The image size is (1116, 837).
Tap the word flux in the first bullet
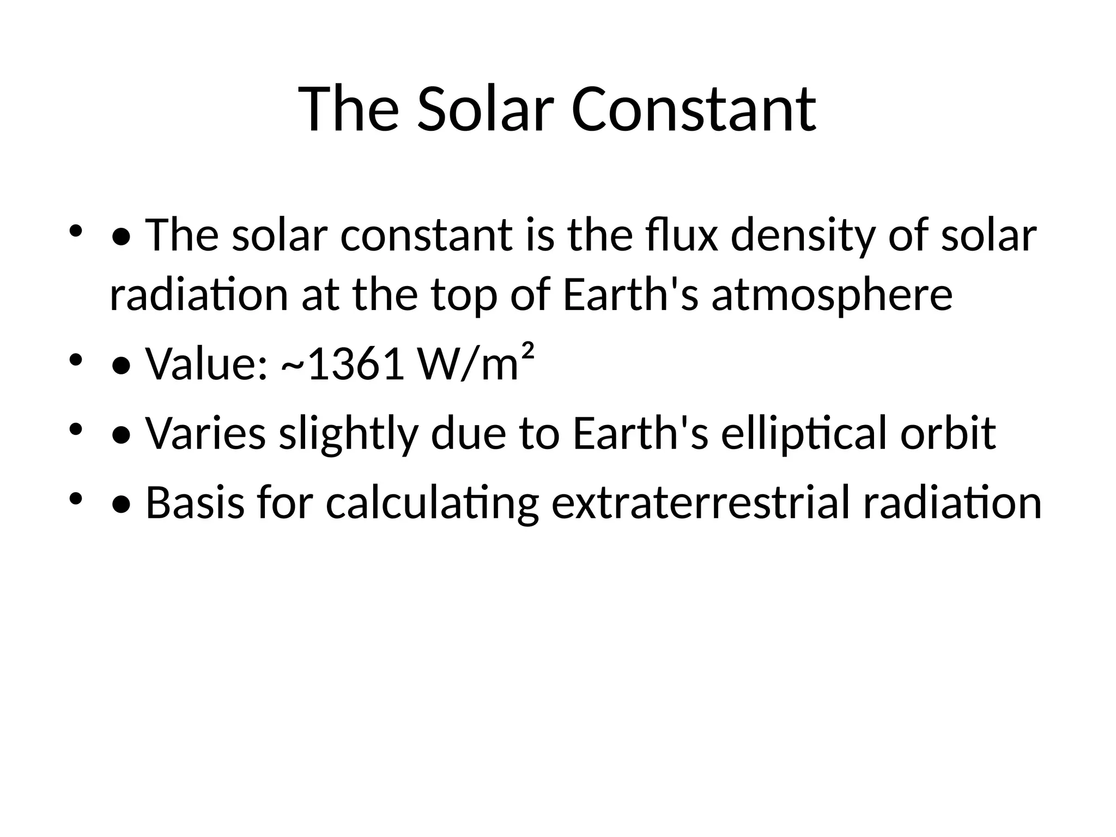[x=675, y=235]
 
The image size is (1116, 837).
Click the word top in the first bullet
[x=464, y=295]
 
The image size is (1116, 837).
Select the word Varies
[x=205, y=433]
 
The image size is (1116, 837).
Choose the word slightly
[x=349, y=433]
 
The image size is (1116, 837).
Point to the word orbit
[x=948, y=433]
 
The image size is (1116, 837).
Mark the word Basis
[x=195, y=502]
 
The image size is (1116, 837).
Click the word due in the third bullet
[x=469, y=433]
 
